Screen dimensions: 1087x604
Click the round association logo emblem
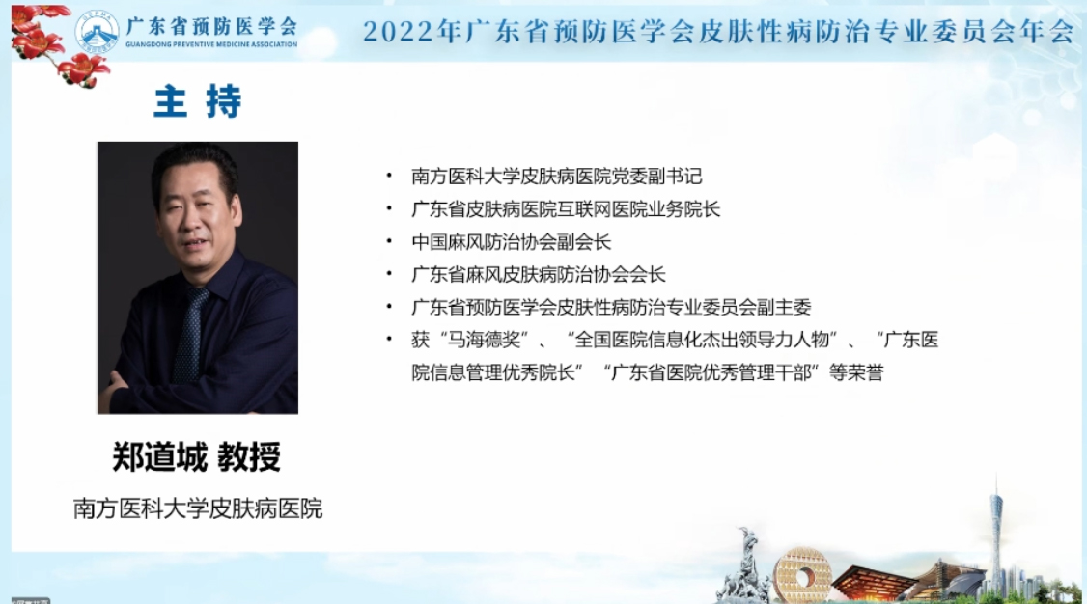(x=98, y=32)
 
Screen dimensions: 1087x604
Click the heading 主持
(x=198, y=101)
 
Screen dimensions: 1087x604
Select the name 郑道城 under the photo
(x=159, y=457)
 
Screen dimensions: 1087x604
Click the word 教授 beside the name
(x=250, y=457)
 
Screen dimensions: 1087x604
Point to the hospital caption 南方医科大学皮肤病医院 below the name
(x=198, y=508)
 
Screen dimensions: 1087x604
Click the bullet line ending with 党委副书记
(x=557, y=176)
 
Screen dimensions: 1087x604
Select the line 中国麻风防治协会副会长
(x=511, y=242)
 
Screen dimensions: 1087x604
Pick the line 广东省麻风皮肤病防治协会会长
(x=539, y=274)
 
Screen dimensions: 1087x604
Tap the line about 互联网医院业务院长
(x=566, y=208)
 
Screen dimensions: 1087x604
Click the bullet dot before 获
(x=390, y=340)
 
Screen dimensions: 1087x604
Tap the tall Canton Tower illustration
(x=996, y=534)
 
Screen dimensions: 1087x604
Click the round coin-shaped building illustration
(x=802, y=574)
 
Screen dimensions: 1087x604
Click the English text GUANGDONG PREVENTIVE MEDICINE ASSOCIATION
(x=211, y=44)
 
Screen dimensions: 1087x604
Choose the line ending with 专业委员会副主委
(x=611, y=307)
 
